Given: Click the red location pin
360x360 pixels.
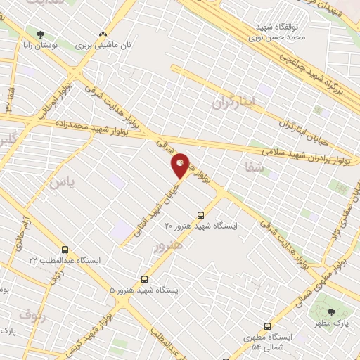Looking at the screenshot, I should [181, 165].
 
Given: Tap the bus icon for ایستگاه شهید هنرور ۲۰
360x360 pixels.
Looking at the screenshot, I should [201, 215].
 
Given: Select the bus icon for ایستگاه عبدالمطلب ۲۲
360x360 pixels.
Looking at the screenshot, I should [65, 250].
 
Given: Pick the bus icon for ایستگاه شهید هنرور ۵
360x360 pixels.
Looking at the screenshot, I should [145, 279].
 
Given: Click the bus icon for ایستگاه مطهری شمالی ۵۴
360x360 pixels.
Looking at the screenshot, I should [267, 326].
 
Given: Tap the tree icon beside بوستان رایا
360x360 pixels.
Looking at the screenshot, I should [39, 34].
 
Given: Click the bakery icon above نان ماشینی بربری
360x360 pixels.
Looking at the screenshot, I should [103, 34].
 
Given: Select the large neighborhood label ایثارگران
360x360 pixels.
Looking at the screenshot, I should [236, 103].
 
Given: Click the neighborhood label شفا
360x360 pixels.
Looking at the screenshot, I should [253, 167].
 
